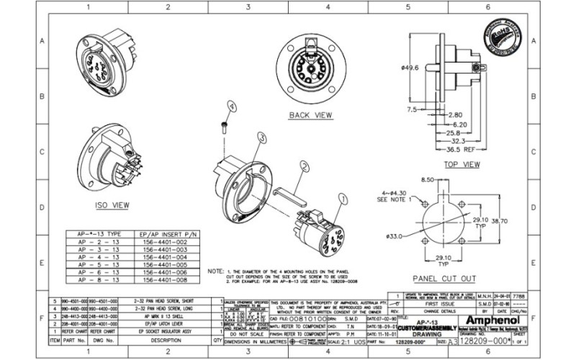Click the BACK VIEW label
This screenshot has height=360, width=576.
pos(310,114)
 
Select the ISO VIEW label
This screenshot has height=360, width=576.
pos(112,205)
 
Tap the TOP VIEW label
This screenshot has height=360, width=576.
pos(461,165)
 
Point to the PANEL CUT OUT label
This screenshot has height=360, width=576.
pos(444,279)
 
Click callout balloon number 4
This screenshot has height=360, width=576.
pos(231,106)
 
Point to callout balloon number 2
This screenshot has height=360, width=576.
pos(305,166)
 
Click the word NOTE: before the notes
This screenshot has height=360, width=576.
pos(215,271)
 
